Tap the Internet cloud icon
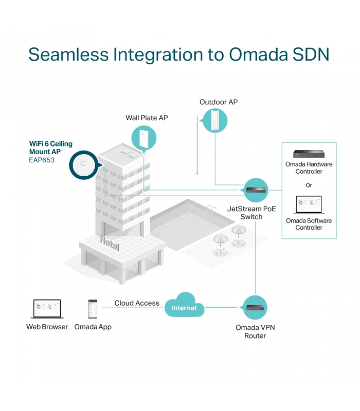click(184, 305)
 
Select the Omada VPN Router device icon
click(255, 307)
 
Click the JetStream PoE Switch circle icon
click(255, 190)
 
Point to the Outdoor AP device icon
click(215, 121)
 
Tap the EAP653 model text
click(42, 160)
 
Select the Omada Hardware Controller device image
click(309, 154)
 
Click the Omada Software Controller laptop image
click(309, 204)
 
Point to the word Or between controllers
click(309, 185)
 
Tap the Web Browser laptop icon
click(47, 309)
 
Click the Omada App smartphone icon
click(93, 309)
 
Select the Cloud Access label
click(137, 303)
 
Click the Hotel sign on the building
click(110, 243)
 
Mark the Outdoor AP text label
click(219, 102)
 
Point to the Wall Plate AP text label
click(147, 118)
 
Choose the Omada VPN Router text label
click(255, 331)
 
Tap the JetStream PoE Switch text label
click(251, 213)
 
